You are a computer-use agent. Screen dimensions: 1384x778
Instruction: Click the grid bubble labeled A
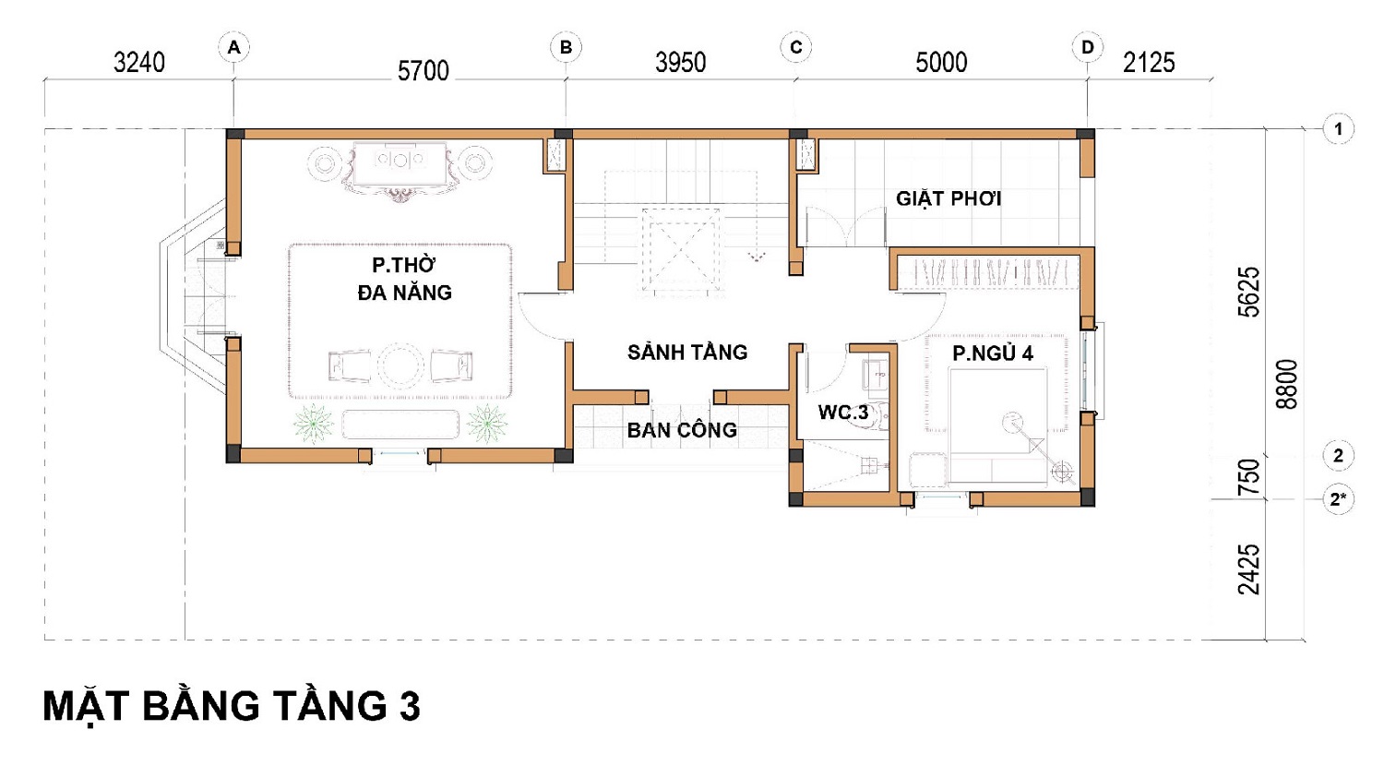pos(233,48)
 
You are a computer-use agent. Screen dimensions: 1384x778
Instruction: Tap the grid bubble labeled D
pos(1088,48)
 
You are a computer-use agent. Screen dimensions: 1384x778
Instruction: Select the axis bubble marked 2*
pos(1338,498)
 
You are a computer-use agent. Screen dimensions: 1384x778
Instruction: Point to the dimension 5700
pos(424,71)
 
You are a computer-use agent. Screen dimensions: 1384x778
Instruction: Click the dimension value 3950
pos(680,63)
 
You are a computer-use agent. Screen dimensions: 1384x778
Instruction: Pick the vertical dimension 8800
pos(1287,384)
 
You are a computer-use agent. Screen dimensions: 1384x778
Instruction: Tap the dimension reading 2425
pos(1248,569)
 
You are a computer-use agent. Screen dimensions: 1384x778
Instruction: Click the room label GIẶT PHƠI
pos(949,198)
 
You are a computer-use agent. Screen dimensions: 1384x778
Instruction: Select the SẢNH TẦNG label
pos(687,352)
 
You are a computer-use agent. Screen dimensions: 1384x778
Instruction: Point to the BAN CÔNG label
pos(682,429)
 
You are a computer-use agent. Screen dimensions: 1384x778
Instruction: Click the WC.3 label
pos(842,413)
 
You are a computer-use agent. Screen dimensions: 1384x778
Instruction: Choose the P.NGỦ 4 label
pos(993,353)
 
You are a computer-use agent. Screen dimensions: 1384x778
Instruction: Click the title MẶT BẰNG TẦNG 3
pos(232,706)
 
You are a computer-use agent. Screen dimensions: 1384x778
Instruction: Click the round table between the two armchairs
pos(400,365)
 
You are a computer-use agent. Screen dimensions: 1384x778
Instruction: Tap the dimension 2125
pos(1149,63)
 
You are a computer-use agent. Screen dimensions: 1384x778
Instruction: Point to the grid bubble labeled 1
pos(1338,129)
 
